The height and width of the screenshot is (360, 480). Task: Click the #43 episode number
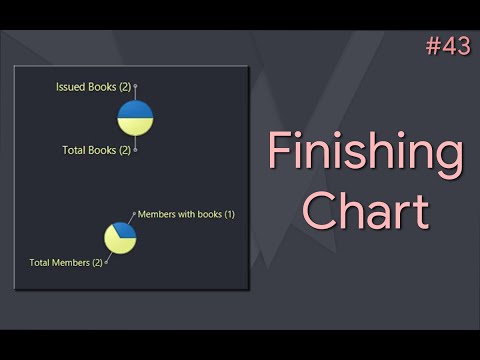[447, 46]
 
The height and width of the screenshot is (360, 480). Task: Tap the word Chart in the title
[366, 211]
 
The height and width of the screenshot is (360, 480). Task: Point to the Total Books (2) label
[96, 150]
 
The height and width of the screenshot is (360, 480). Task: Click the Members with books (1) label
[186, 214]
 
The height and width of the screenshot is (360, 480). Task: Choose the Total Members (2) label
[66, 263]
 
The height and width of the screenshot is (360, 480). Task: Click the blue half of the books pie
[135, 109]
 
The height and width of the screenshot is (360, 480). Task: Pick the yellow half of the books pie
[135, 126]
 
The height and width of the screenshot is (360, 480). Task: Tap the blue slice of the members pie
[126, 231]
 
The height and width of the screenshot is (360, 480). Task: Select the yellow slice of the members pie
[116, 243]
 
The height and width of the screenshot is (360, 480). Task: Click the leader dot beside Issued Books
[135, 87]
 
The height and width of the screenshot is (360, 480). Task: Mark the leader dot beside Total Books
[135, 150]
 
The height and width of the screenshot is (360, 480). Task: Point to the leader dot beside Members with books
[134, 214]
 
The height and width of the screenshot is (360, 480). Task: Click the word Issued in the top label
[71, 87]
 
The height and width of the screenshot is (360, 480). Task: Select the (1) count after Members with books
[229, 214]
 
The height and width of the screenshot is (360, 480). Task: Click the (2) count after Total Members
[97, 263]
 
